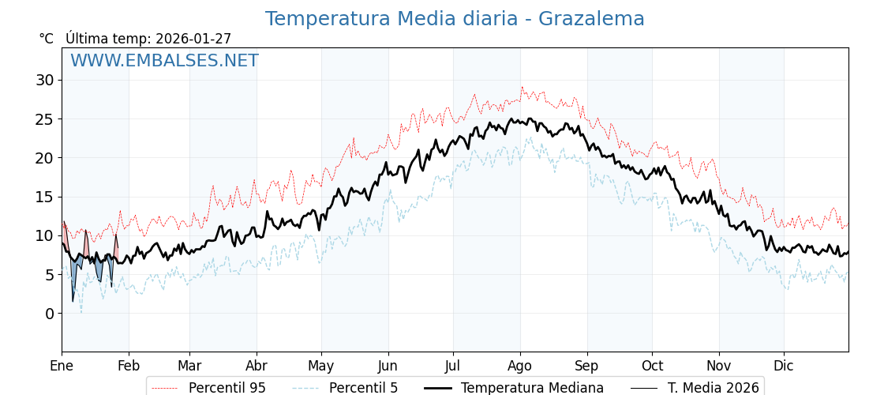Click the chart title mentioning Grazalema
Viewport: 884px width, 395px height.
(455, 19)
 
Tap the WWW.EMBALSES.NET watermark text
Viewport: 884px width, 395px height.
(164, 61)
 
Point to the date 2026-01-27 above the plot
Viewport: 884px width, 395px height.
(193, 39)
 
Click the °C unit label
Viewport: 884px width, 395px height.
(46, 39)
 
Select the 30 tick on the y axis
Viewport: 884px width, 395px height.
(45, 80)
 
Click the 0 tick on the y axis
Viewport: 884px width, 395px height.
(50, 314)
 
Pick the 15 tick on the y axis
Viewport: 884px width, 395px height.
(45, 197)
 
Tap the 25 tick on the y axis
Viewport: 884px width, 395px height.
(45, 118)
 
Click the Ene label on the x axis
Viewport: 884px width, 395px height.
(62, 367)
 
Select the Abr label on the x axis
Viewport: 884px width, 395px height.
(257, 367)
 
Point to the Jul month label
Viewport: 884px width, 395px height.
(453, 367)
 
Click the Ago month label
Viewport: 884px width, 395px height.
(520, 367)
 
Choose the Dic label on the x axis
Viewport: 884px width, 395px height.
(784, 367)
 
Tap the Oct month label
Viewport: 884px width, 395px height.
(652, 367)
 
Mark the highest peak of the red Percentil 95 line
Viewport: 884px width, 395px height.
(522, 87)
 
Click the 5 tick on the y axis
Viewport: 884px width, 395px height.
(50, 275)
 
